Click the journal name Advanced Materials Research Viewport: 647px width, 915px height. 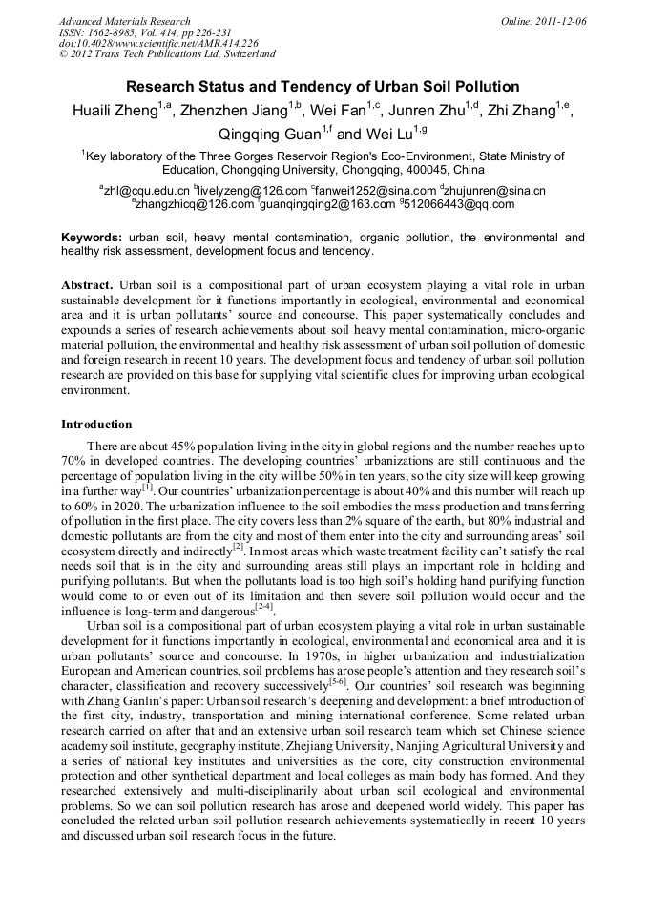(x=124, y=21)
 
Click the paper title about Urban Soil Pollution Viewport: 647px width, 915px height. (x=323, y=87)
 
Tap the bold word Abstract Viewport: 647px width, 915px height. (x=87, y=285)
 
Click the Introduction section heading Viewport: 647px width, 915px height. (x=96, y=424)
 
